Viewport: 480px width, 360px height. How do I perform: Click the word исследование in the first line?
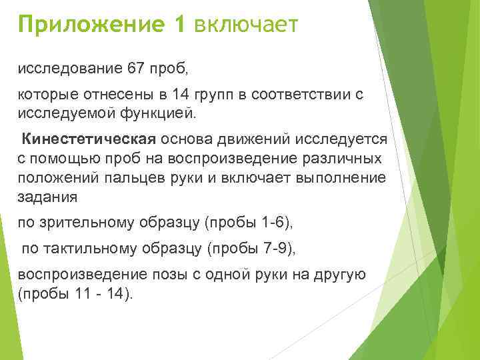coord(65,69)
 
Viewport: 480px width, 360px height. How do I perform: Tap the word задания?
coord(48,197)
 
